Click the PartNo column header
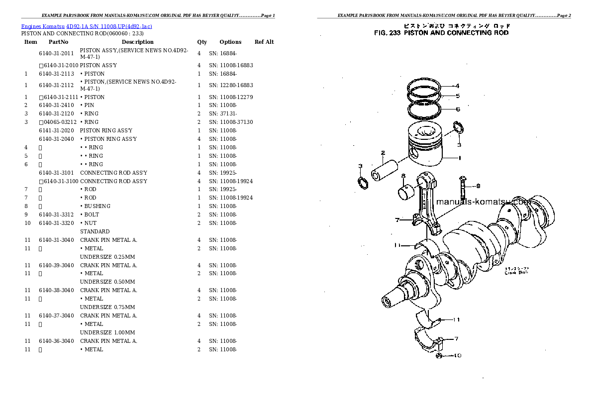click(58, 42)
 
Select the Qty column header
click(202, 42)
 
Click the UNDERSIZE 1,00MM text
click(107, 332)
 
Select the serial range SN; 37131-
click(223, 113)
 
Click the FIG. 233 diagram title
click(441, 33)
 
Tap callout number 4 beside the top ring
click(457, 86)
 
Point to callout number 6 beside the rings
click(458, 109)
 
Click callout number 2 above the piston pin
click(383, 153)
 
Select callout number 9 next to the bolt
click(478, 186)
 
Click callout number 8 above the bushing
click(403, 175)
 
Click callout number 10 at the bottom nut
click(458, 356)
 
